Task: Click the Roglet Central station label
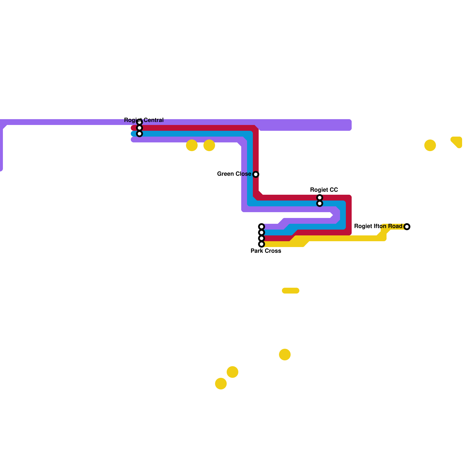point(144,120)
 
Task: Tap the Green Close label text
point(234,174)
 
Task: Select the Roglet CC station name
point(324,190)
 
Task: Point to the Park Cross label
point(266,251)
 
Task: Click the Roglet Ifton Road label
point(378,226)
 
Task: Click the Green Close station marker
point(256,174)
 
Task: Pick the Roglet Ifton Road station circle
point(407,227)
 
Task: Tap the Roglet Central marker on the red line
point(139,128)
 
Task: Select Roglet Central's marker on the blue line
point(139,134)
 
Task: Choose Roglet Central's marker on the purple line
point(139,122)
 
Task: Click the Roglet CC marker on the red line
point(320,198)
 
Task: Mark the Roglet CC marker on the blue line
point(320,203)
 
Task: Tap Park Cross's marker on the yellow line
point(262,244)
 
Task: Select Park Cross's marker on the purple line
point(262,227)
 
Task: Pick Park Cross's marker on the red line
point(262,238)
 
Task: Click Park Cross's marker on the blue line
point(262,233)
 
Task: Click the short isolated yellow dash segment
point(291,291)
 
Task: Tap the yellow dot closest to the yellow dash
point(285,355)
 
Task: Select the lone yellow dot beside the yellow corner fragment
point(430,145)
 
